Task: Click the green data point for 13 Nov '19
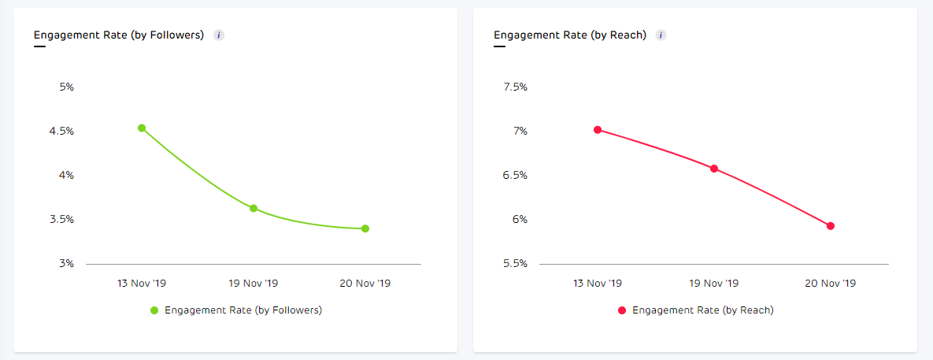[x=142, y=128]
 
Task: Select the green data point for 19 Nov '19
[x=254, y=208]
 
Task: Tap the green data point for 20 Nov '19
[x=365, y=228]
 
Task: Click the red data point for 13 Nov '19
[x=598, y=129]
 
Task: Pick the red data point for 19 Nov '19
[x=714, y=169]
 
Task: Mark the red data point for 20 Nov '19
[x=831, y=226]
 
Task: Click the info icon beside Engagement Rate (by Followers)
[x=219, y=35]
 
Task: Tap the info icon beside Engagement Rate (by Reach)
[x=661, y=35]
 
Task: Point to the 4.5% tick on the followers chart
[x=61, y=131]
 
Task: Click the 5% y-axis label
[x=66, y=87]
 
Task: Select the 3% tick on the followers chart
[x=66, y=263]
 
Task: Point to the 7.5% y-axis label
[x=515, y=87]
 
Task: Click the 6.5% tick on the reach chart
[x=515, y=175]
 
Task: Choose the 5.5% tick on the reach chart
[x=515, y=263]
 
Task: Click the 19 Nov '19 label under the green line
[x=254, y=283]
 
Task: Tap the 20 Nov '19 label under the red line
[x=831, y=283]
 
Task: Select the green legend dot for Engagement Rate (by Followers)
[x=155, y=310]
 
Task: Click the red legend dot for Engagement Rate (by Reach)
[x=622, y=310]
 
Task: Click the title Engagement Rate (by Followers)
[x=119, y=35]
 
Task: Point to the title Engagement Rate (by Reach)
[x=570, y=35]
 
